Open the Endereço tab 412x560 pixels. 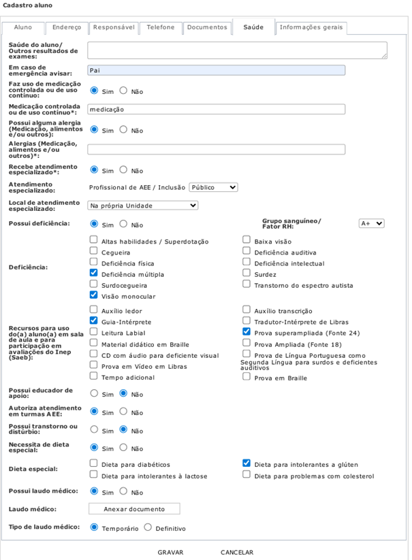coord(67,28)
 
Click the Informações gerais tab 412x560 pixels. coord(312,28)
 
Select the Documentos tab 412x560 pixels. coord(207,28)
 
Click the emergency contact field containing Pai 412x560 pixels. coord(216,70)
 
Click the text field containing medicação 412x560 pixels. coord(216,109)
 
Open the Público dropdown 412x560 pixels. coord(213,187)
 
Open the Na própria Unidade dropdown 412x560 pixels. coord(143,205)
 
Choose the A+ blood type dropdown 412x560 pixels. coord(371,223)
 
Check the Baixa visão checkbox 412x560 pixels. coord(247,240)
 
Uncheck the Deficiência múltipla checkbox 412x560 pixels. coord(94,274)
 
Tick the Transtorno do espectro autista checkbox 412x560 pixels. coord(247,284)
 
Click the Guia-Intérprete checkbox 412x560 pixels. coord(94,320)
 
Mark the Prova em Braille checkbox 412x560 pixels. coord(247,376)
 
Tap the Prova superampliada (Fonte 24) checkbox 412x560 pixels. coord(247,332)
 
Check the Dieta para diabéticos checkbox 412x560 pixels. coord(94,464)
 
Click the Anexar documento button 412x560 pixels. coord(134,509)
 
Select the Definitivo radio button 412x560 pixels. coord(148,528)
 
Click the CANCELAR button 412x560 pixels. coord(237,553)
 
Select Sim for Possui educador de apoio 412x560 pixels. coord(94,393)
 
